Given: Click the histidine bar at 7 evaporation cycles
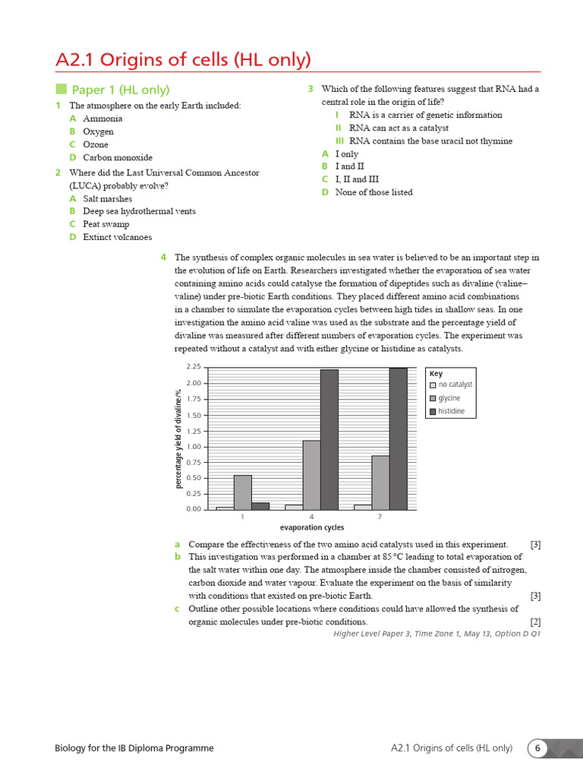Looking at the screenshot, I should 398,438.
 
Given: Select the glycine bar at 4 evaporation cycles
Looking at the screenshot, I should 311,474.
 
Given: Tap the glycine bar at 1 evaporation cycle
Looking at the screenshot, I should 242,492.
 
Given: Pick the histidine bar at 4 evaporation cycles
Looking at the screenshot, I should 329,439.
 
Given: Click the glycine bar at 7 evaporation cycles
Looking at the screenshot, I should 380,482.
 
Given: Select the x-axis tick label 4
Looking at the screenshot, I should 311,517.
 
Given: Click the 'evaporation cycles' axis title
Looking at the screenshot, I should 311,527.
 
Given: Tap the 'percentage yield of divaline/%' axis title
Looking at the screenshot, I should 179,438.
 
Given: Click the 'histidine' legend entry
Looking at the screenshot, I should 451,411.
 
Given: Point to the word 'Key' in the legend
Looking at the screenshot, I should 436,373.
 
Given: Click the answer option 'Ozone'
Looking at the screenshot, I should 96,144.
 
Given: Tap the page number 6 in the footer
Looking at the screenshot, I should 537,748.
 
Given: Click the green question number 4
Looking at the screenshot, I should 163,258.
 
